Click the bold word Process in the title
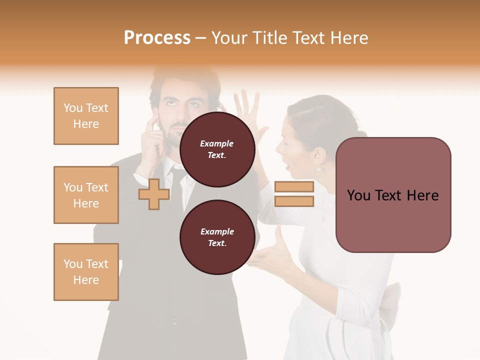coord(157,38)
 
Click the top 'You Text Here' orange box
coord(86,116)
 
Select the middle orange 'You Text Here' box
coord(86,195)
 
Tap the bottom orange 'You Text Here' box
coord(86,272)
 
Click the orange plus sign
coord(154,194)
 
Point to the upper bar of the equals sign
coord(294,187)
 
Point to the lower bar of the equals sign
coord(294,201)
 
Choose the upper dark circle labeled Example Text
coord(217,149)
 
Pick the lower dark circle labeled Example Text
coord(217,237)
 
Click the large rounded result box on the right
coord(393,195)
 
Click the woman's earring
coord(318,169)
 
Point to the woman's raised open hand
coord(249,113)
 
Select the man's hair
coord(185,80)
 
